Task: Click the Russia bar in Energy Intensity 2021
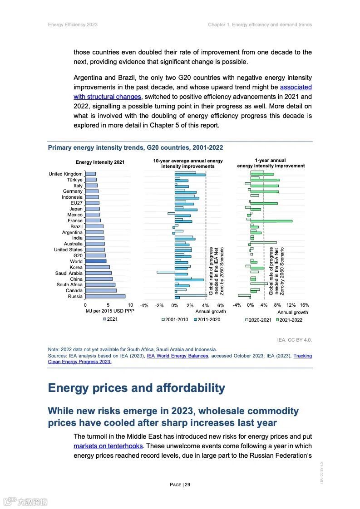coord(105,296)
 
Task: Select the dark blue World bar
coord(95,261)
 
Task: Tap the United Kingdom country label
coord(65,174)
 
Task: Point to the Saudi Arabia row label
coord(69,273)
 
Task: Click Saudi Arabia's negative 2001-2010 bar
coord(166,272)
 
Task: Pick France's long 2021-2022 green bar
coord(271,221)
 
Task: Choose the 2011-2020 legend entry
coord(207,319)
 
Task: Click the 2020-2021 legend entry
coord(258,319)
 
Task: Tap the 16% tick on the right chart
coord(304,305)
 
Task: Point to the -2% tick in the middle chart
coord(159,305)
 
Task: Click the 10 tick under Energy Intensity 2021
coord(130,305)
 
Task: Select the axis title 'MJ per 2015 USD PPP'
coord(110,312)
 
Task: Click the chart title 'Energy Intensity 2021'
coord(100,162)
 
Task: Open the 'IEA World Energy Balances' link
coord(177,356)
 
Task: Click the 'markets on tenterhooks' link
coord(108,446)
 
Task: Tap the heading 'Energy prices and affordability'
coord(136,388)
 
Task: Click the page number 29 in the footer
coord(187,485)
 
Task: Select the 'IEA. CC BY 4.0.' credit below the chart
coord(294,339)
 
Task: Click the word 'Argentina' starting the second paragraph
coord(88,78)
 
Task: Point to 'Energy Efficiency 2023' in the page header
coord(73,24)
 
